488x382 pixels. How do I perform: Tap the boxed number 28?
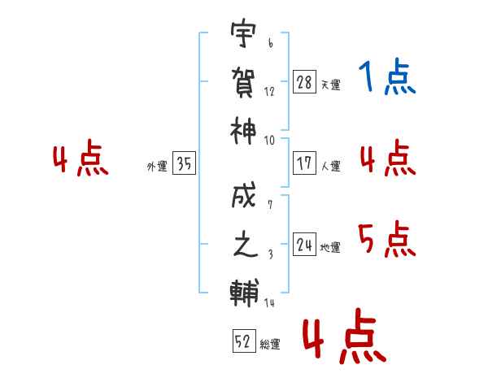coord(304,83)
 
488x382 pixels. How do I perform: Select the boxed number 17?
coord(304,163)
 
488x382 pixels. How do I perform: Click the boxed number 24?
coord(304,245)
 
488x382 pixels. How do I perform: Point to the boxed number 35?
coord(184,164)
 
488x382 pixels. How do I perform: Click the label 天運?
coord(330,85)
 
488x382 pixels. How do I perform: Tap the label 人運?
coord(330,166)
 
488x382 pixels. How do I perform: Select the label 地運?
coord(330,247)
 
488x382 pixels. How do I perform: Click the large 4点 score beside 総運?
coord(343,339)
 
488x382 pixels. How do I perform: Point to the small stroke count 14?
coord(269,303)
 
